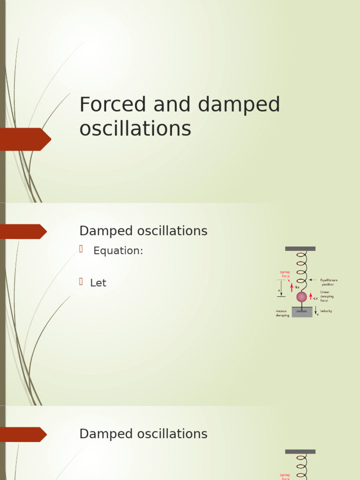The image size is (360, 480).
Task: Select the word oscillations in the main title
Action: [135, 128]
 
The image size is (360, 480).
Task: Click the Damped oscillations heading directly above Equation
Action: [143, 231]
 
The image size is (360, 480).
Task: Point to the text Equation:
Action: [118, 251]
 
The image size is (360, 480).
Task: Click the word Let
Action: [98, 283]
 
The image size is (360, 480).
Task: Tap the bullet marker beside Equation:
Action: [81, 249]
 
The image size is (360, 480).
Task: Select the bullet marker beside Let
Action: [81, 281]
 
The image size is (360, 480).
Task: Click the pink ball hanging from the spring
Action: [301, 297]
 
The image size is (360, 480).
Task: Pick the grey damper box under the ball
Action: [302, 312]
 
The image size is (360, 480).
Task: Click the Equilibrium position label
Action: [329, 282]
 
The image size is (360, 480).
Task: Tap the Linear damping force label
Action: [327, 296]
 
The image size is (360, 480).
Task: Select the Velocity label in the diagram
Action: [326, 311]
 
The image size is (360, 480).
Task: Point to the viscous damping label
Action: [282, 313]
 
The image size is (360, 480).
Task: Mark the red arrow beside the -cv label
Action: [310, 297]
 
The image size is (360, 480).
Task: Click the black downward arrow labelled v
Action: [316, 310]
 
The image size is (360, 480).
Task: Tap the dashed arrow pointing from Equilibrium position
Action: [314, 280]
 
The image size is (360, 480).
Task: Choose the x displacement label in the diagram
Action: [279, 291]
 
